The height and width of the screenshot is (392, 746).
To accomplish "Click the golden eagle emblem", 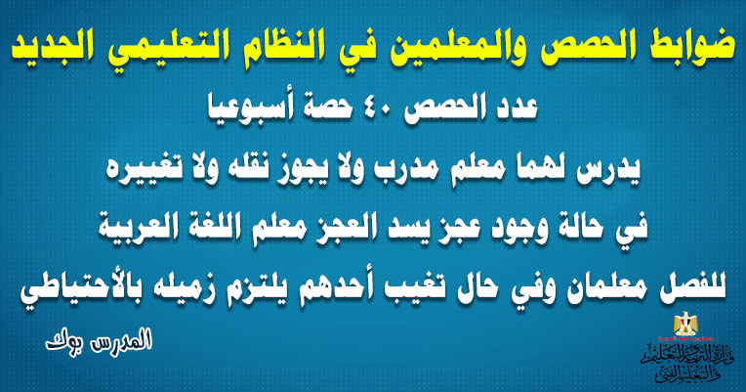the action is pos(685,324).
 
